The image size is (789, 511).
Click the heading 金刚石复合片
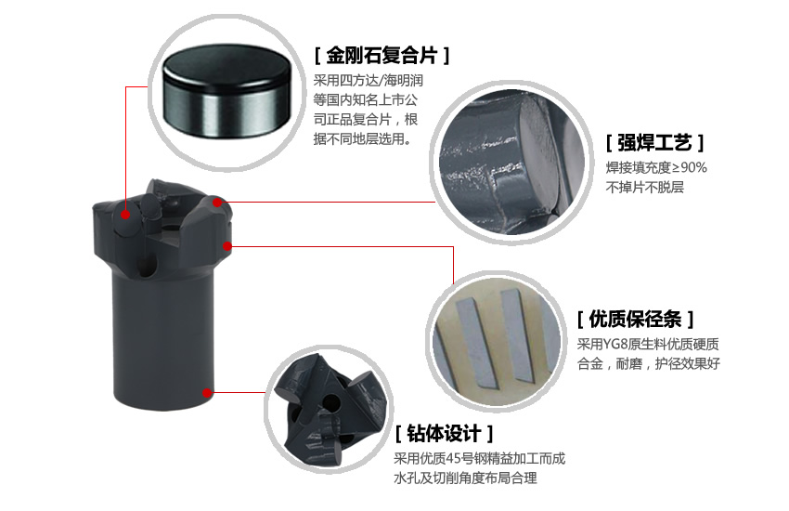tap(382, 55)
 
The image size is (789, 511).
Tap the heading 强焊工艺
tap(654, 143)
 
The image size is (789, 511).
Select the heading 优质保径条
tap(635, 319)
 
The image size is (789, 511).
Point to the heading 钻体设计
tap(444, 433)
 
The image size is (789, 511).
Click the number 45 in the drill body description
tap(453, 459)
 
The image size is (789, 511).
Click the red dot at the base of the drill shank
tap(207, 393)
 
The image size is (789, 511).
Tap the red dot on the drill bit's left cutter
tap(125, 215)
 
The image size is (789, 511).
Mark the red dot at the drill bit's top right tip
tap(217, 203)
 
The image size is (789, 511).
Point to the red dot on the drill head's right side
tap(227, 246)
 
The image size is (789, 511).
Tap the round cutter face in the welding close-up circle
tap(538, 154)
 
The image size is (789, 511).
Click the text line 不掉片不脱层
tap(644, 188)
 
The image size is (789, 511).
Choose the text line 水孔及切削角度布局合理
tap(465, 478)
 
